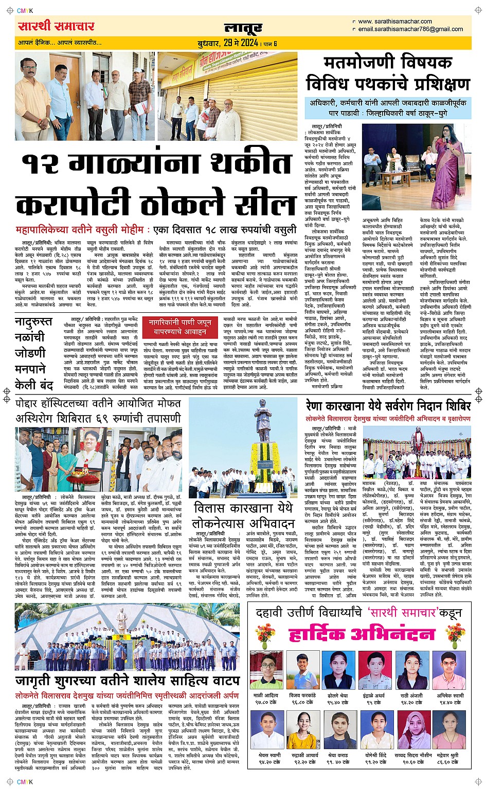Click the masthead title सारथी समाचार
pos(56,26)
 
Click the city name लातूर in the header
pos(243,28)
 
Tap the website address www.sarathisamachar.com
pos(394,22)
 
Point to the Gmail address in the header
pos(410,29)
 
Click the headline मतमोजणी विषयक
pos(388,63)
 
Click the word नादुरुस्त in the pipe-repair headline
pos(33,322)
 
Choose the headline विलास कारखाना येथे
pos(243,507)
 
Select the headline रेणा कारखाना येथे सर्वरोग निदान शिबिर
pos(388,406)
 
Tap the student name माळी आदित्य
pos(265,695)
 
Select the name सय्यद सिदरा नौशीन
pos(413,756)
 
